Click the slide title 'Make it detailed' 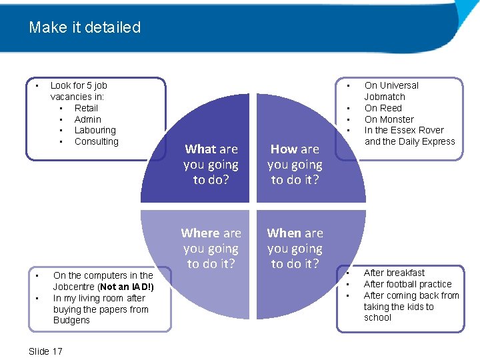pyautogui.click(x=85, y=28)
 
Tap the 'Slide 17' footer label pyautogui.click(x=46, y=351)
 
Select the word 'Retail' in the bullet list pyautogui.click(x=86, y=108)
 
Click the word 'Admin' pyautogui.click(x=88, y=119)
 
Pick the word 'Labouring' pyautogui.click(x=95, y=131)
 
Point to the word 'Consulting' pyautogui.click(x=96, y=141)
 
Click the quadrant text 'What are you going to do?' pyautogui.click(x=211, y=165)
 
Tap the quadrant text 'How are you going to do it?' pyautogui.click(x=295, y=165)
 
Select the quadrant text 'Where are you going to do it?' pyautogui.click(x=211, y=249)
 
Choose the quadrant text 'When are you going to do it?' pyautogui.click(x=295, y=249)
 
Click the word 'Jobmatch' pyautogui.click(x=385, y=97)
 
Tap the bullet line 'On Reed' pyautogui.click(x=383, y=108)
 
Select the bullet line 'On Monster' pyautogui.click(x=389, y=119)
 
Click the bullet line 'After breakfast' pyautogui.click(x=394, y=273)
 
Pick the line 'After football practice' pyautogui.click(x=407, y=284)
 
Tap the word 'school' pyautogui.click(x=378, y=318)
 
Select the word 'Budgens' pyautogui.click(x=71, y=321)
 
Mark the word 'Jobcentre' pyautogui.click(x=74, y=287)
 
